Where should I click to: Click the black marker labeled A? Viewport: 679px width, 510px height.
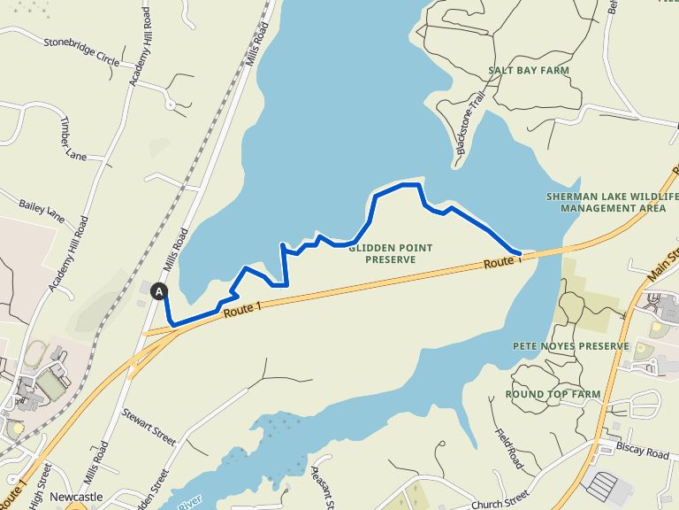click(160, 290)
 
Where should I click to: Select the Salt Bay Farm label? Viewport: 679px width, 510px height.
click(528, 70)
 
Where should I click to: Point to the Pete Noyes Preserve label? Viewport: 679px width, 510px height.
click(570, 346)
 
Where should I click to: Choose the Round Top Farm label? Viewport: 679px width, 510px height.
click(553, 394)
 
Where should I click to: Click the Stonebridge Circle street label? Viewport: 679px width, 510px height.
click(81, 52)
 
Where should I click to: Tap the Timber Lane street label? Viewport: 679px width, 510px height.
click(73, 142)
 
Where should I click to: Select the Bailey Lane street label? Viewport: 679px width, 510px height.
click(42, 211)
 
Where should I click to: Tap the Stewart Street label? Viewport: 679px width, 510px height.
click(149, 427)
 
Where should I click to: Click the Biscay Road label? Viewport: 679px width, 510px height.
click(643, 452)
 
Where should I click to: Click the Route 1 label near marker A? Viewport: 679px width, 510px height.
click(244, 309)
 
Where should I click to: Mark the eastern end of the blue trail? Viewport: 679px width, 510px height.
click(520, 254)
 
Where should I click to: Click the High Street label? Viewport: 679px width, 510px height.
click(34, 496)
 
